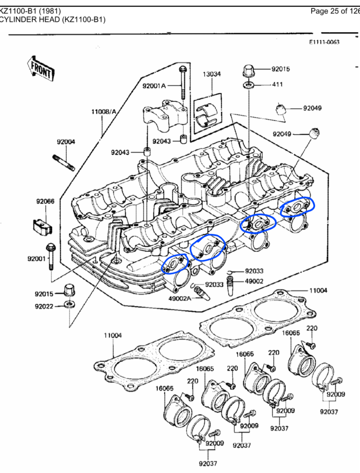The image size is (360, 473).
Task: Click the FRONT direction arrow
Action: click(41, 68)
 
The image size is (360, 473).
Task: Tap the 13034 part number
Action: click(212, 74)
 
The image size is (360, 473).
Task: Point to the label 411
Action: click(278, 84)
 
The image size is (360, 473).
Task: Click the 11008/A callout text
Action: click(104, 112)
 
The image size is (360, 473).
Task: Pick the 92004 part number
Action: click(66, 142)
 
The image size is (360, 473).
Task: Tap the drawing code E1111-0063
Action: click(324, 42)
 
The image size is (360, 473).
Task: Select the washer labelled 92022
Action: click(69, 305)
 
